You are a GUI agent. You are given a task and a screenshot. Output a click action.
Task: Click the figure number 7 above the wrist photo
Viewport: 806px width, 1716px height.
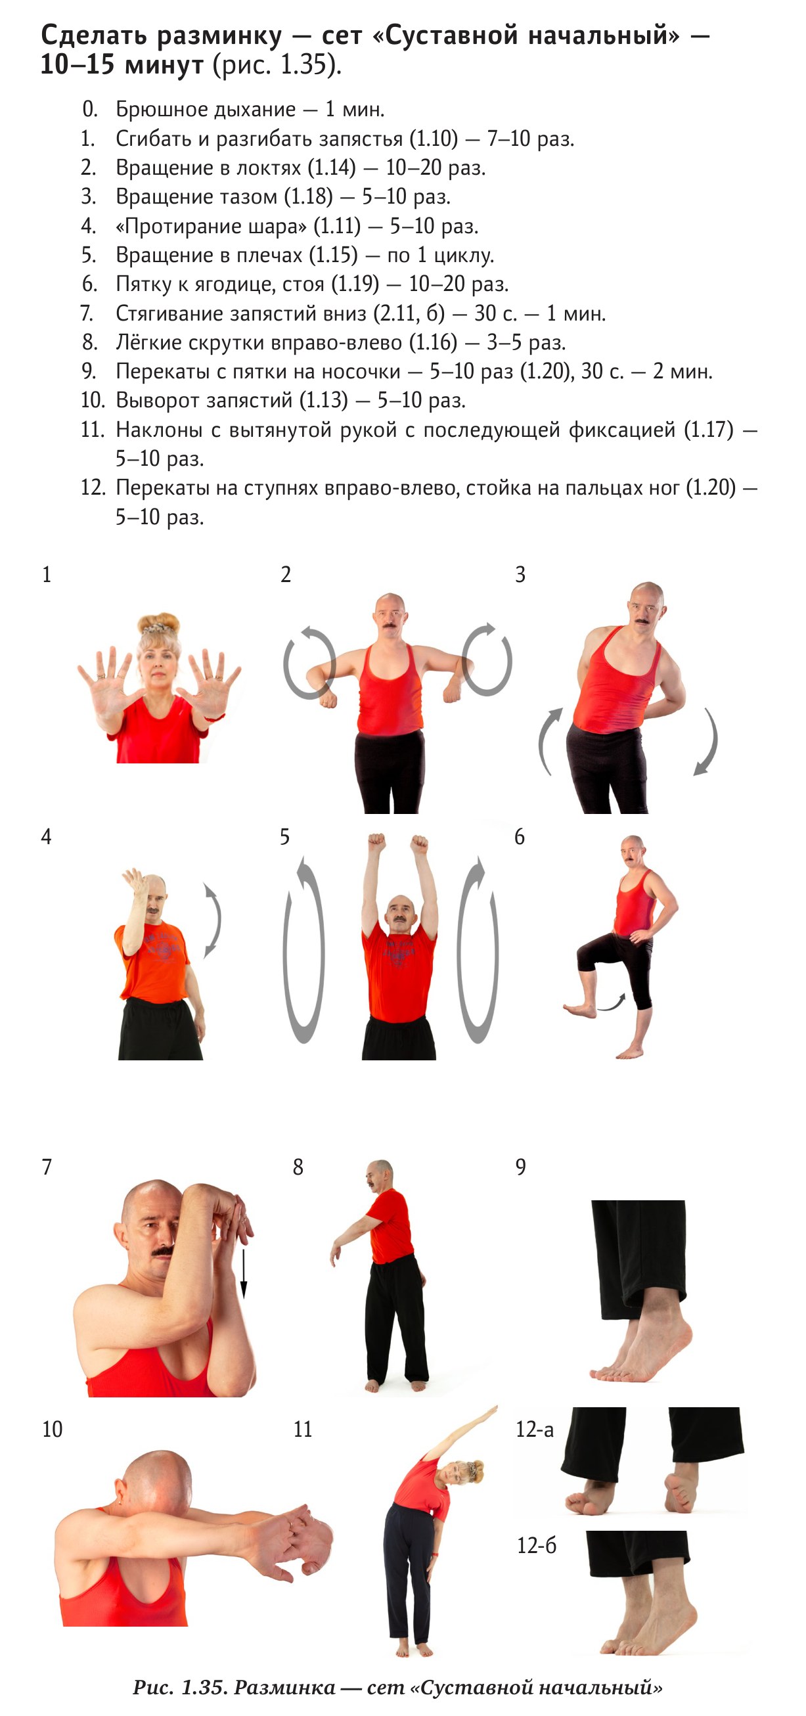coord(47,1166)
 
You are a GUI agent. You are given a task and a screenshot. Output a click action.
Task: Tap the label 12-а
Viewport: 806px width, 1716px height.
coord(534,1429)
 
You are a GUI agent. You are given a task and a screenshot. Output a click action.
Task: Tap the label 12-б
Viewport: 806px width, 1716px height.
coord(536,1545)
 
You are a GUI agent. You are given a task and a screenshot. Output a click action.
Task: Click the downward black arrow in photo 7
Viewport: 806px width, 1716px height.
coord(243,1275)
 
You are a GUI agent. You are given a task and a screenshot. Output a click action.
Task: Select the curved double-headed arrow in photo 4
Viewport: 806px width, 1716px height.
coord(212,921)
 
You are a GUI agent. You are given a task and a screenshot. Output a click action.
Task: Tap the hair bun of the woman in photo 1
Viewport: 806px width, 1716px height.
coord(158,623)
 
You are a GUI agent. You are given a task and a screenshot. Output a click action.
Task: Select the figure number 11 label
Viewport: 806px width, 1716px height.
coord(302,1429)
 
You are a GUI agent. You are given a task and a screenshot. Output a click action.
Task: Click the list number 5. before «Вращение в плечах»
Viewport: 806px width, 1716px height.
coord(89,255)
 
